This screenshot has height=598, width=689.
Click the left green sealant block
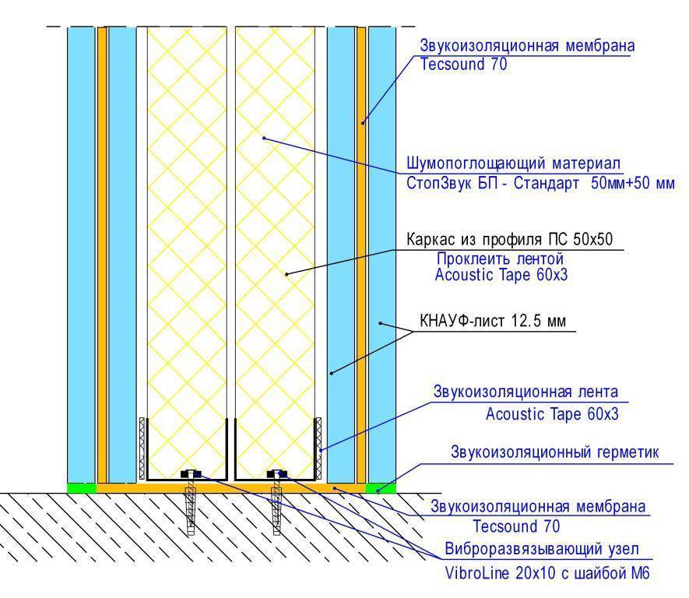click(x=81, y=487)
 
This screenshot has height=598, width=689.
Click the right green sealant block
click(x=381, y=487)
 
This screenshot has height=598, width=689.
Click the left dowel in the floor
click(x=190, y=508)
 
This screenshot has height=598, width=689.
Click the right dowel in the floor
click(x=276, y=508)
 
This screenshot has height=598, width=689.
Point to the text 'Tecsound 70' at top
click(x=463, y=64)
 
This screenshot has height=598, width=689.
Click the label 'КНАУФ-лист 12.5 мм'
click(x=493, y=321)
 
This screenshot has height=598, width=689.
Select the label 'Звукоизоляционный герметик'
click(x=555, y=452)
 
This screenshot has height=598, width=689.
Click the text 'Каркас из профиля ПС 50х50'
click(x=509, y=240)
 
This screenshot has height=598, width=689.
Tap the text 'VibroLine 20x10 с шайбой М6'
click(x=547, y=573)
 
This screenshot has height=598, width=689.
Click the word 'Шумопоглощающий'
click(x=476, y=164)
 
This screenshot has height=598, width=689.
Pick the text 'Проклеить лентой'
click(x=500, y=259)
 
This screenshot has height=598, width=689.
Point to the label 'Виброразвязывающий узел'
click(x=542, y=549)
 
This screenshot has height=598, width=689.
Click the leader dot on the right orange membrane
click(x=363, y=123)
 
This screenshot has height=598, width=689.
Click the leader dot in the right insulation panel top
click(x=264, y=138)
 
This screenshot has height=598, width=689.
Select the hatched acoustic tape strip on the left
click(x=142, y=448)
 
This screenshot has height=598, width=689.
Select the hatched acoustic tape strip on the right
click(x=318, y=448)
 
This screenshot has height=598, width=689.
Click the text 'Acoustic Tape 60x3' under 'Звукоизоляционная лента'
click(x=552, y=414)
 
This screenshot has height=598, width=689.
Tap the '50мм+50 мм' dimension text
click(x=633, y=183)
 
